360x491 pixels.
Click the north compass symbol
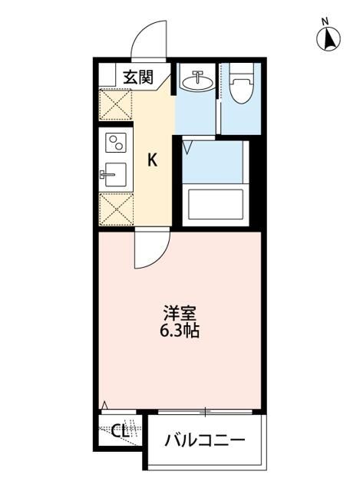(329, 38)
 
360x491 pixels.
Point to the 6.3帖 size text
(181, 332)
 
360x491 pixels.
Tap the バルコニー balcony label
(206, 441)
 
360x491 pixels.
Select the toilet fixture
(239, 87)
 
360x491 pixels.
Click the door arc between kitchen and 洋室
(150, 250)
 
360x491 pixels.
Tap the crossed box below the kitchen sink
(115, 208)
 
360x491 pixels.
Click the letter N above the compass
(325, 21)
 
